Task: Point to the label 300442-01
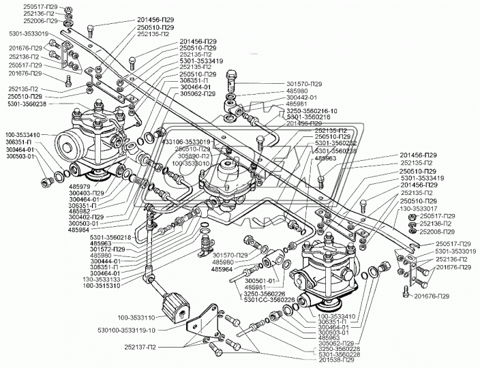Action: pos(302,97)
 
